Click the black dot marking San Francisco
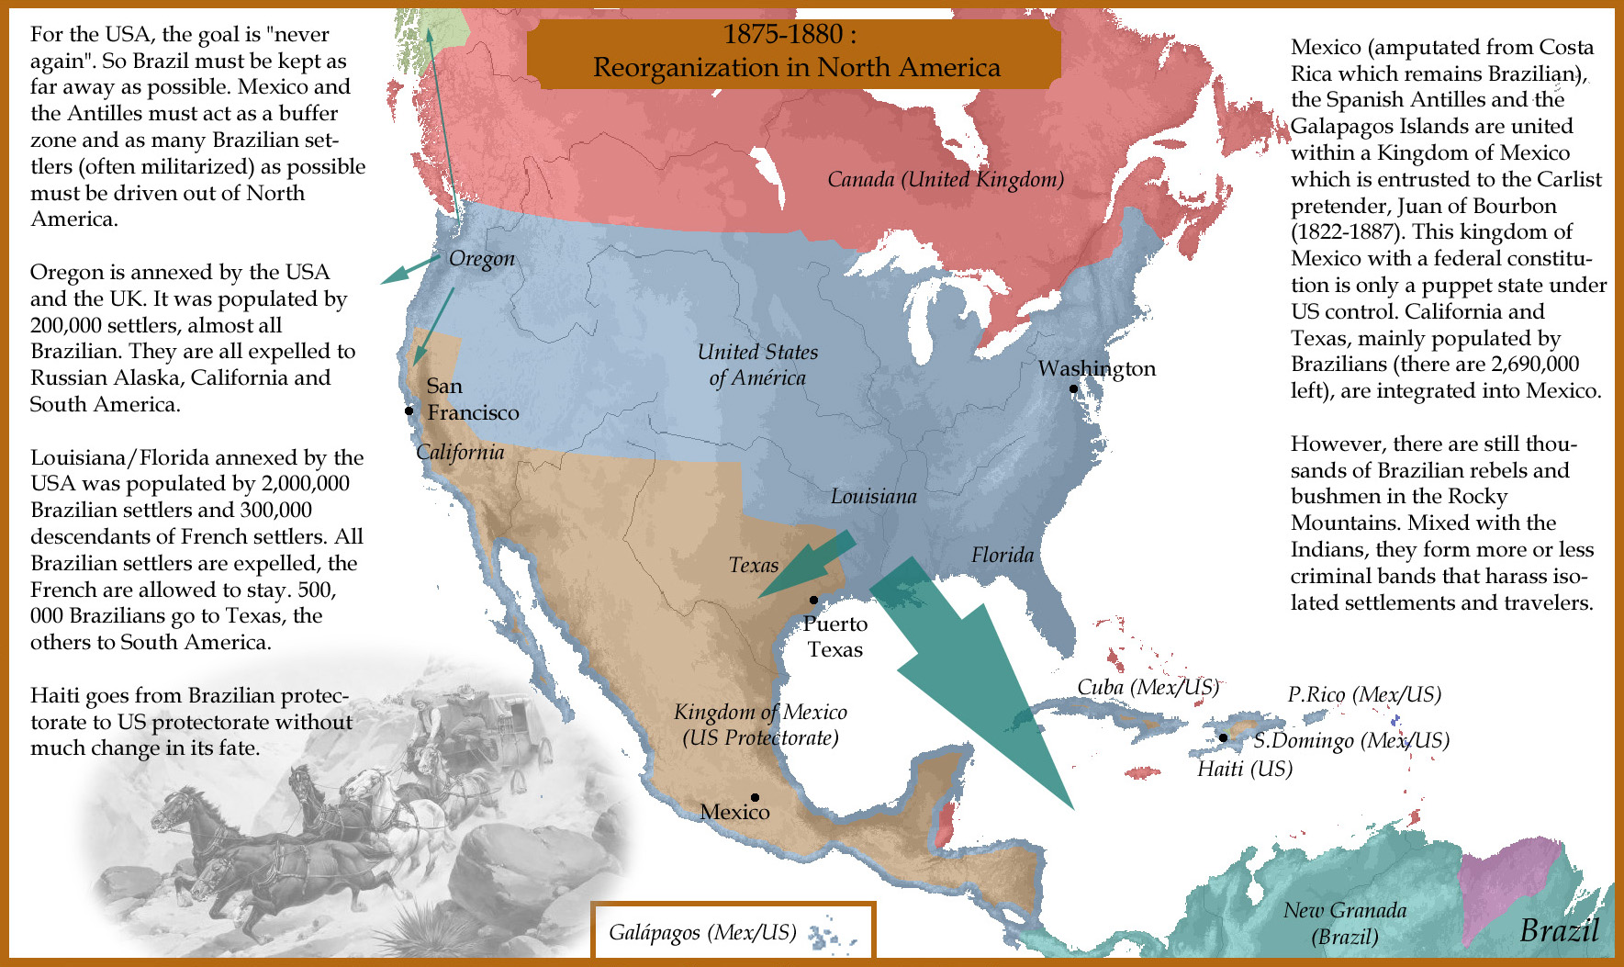[x=409, y=410]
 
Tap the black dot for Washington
[x=1073, y=388]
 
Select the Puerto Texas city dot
[x=813, y=600]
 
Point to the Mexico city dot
[x=755, y=797]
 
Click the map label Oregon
[x=482, y=259]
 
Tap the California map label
[x=460, y=452]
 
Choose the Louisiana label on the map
[x=873, y=497]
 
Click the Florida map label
[x=1002, y=555]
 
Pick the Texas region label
[x=754, y=565]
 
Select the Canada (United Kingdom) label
[x=946, y=179]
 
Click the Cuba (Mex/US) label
[x=1148, y=687]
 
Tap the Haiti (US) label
[x=1245, y=769]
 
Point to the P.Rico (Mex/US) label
[x=1364, y=694]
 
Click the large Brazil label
[x=1559, y=929]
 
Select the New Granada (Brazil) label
[x=1345, y=923]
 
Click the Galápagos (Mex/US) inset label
[x=702, y=933]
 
